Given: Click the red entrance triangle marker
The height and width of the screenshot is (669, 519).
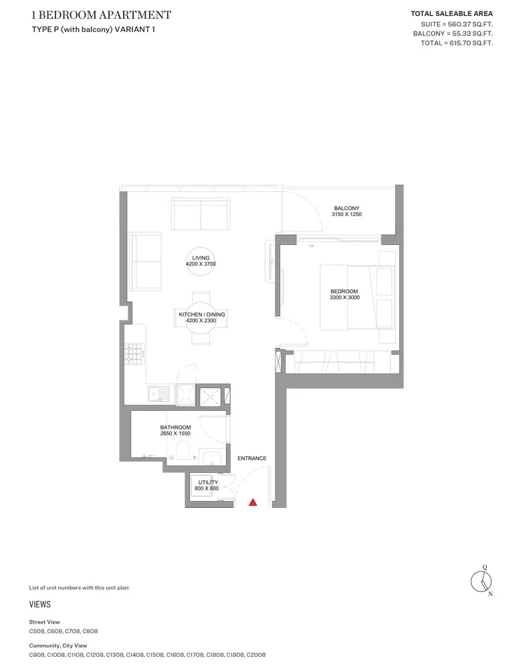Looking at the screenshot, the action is [253, 502].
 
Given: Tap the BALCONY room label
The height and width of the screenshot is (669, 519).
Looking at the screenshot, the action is [346, 208].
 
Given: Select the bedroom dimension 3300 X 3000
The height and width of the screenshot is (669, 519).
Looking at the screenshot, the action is [344, 298].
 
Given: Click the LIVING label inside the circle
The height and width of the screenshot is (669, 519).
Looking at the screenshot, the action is [201, 258].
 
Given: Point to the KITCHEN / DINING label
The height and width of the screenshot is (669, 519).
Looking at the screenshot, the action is [202, 314].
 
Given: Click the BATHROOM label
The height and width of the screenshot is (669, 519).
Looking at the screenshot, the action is [175, 427].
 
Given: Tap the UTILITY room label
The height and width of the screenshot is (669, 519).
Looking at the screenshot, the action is [208, 482].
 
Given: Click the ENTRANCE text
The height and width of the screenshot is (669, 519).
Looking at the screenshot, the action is [252, 458].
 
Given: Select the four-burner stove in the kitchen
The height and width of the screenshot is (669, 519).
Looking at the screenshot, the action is [134, 354].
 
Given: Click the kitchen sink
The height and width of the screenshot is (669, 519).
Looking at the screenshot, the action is [159, 393].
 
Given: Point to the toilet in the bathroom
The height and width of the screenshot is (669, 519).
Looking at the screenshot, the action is [183, 450].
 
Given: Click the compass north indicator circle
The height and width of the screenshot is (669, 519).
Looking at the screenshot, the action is [481, 581].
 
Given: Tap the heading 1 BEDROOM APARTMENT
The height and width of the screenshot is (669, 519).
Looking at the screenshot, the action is [102, 15].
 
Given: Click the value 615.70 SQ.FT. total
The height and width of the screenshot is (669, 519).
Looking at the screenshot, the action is [472, 43].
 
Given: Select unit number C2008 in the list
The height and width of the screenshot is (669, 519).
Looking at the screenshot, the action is [256, 654].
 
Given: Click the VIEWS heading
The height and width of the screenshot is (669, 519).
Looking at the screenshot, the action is [39, 604].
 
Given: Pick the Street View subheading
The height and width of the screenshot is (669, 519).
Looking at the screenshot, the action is [44, 622].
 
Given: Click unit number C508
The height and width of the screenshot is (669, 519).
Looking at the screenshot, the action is [37, 631].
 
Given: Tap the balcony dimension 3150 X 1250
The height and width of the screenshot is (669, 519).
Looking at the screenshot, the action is [346, 214].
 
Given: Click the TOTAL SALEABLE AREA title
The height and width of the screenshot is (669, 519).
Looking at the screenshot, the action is [451, 13].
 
